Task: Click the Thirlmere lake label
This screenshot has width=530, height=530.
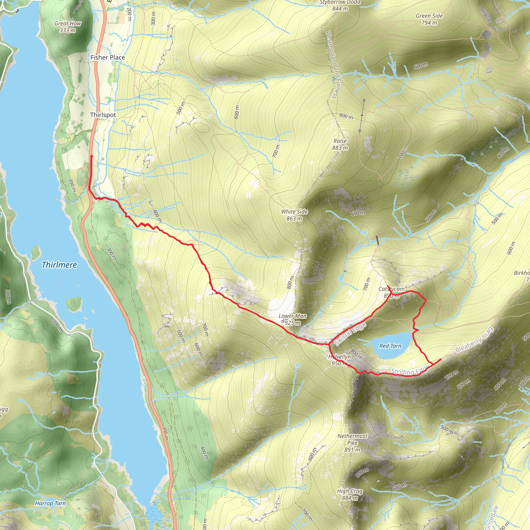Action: tap(59, 265)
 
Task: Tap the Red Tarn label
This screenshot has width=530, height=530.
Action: tap(390, 346)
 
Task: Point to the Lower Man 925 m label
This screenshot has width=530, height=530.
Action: tap(292, 319)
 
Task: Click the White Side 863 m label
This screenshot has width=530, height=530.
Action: tap(294, 215)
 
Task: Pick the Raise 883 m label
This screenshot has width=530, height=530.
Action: tap(340, 144)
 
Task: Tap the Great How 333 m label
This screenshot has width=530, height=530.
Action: tap(68, 27)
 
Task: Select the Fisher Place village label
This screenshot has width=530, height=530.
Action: tap(108, 57)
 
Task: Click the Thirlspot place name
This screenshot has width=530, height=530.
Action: tap(103, 115)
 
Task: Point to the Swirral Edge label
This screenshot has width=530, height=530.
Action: tap(350, 334)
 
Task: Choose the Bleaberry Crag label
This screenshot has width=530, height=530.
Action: tap(474, 340)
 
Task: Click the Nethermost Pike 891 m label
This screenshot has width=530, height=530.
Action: tap(352, 443)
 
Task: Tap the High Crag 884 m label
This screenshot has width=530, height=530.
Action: tap(350, 494)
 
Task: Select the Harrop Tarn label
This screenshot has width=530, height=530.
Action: tap(50, 503)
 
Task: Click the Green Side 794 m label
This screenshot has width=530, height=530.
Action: tap(429, 19)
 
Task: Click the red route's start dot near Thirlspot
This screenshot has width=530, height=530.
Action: tap(92, 156)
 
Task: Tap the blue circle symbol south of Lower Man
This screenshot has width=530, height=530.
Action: tap(298, 365)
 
